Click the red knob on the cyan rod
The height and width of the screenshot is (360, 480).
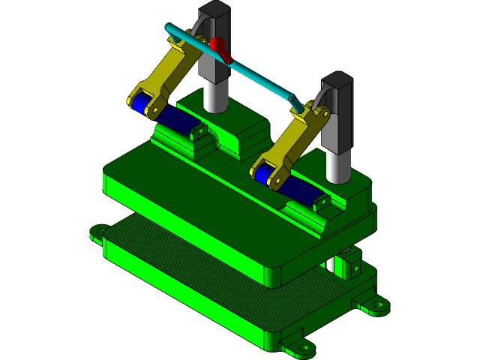click(218, 47)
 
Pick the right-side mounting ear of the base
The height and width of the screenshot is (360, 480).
click(374, 305)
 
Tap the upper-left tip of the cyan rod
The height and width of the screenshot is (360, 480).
click(169, 28)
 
